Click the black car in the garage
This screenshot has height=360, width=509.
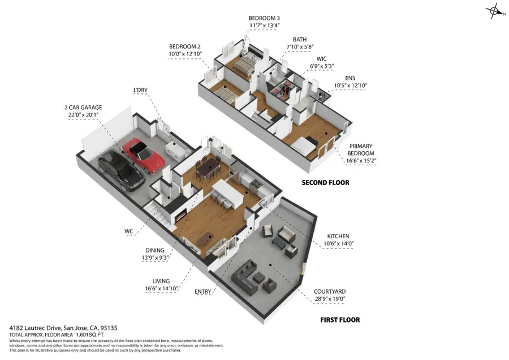point(120,170)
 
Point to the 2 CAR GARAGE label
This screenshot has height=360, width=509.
point(83,107)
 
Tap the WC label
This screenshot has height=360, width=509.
point(130,231)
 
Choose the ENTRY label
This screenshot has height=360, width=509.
point(202,292)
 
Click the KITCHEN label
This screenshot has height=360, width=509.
point(338,236)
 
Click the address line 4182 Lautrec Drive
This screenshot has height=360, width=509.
point(63,328)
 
